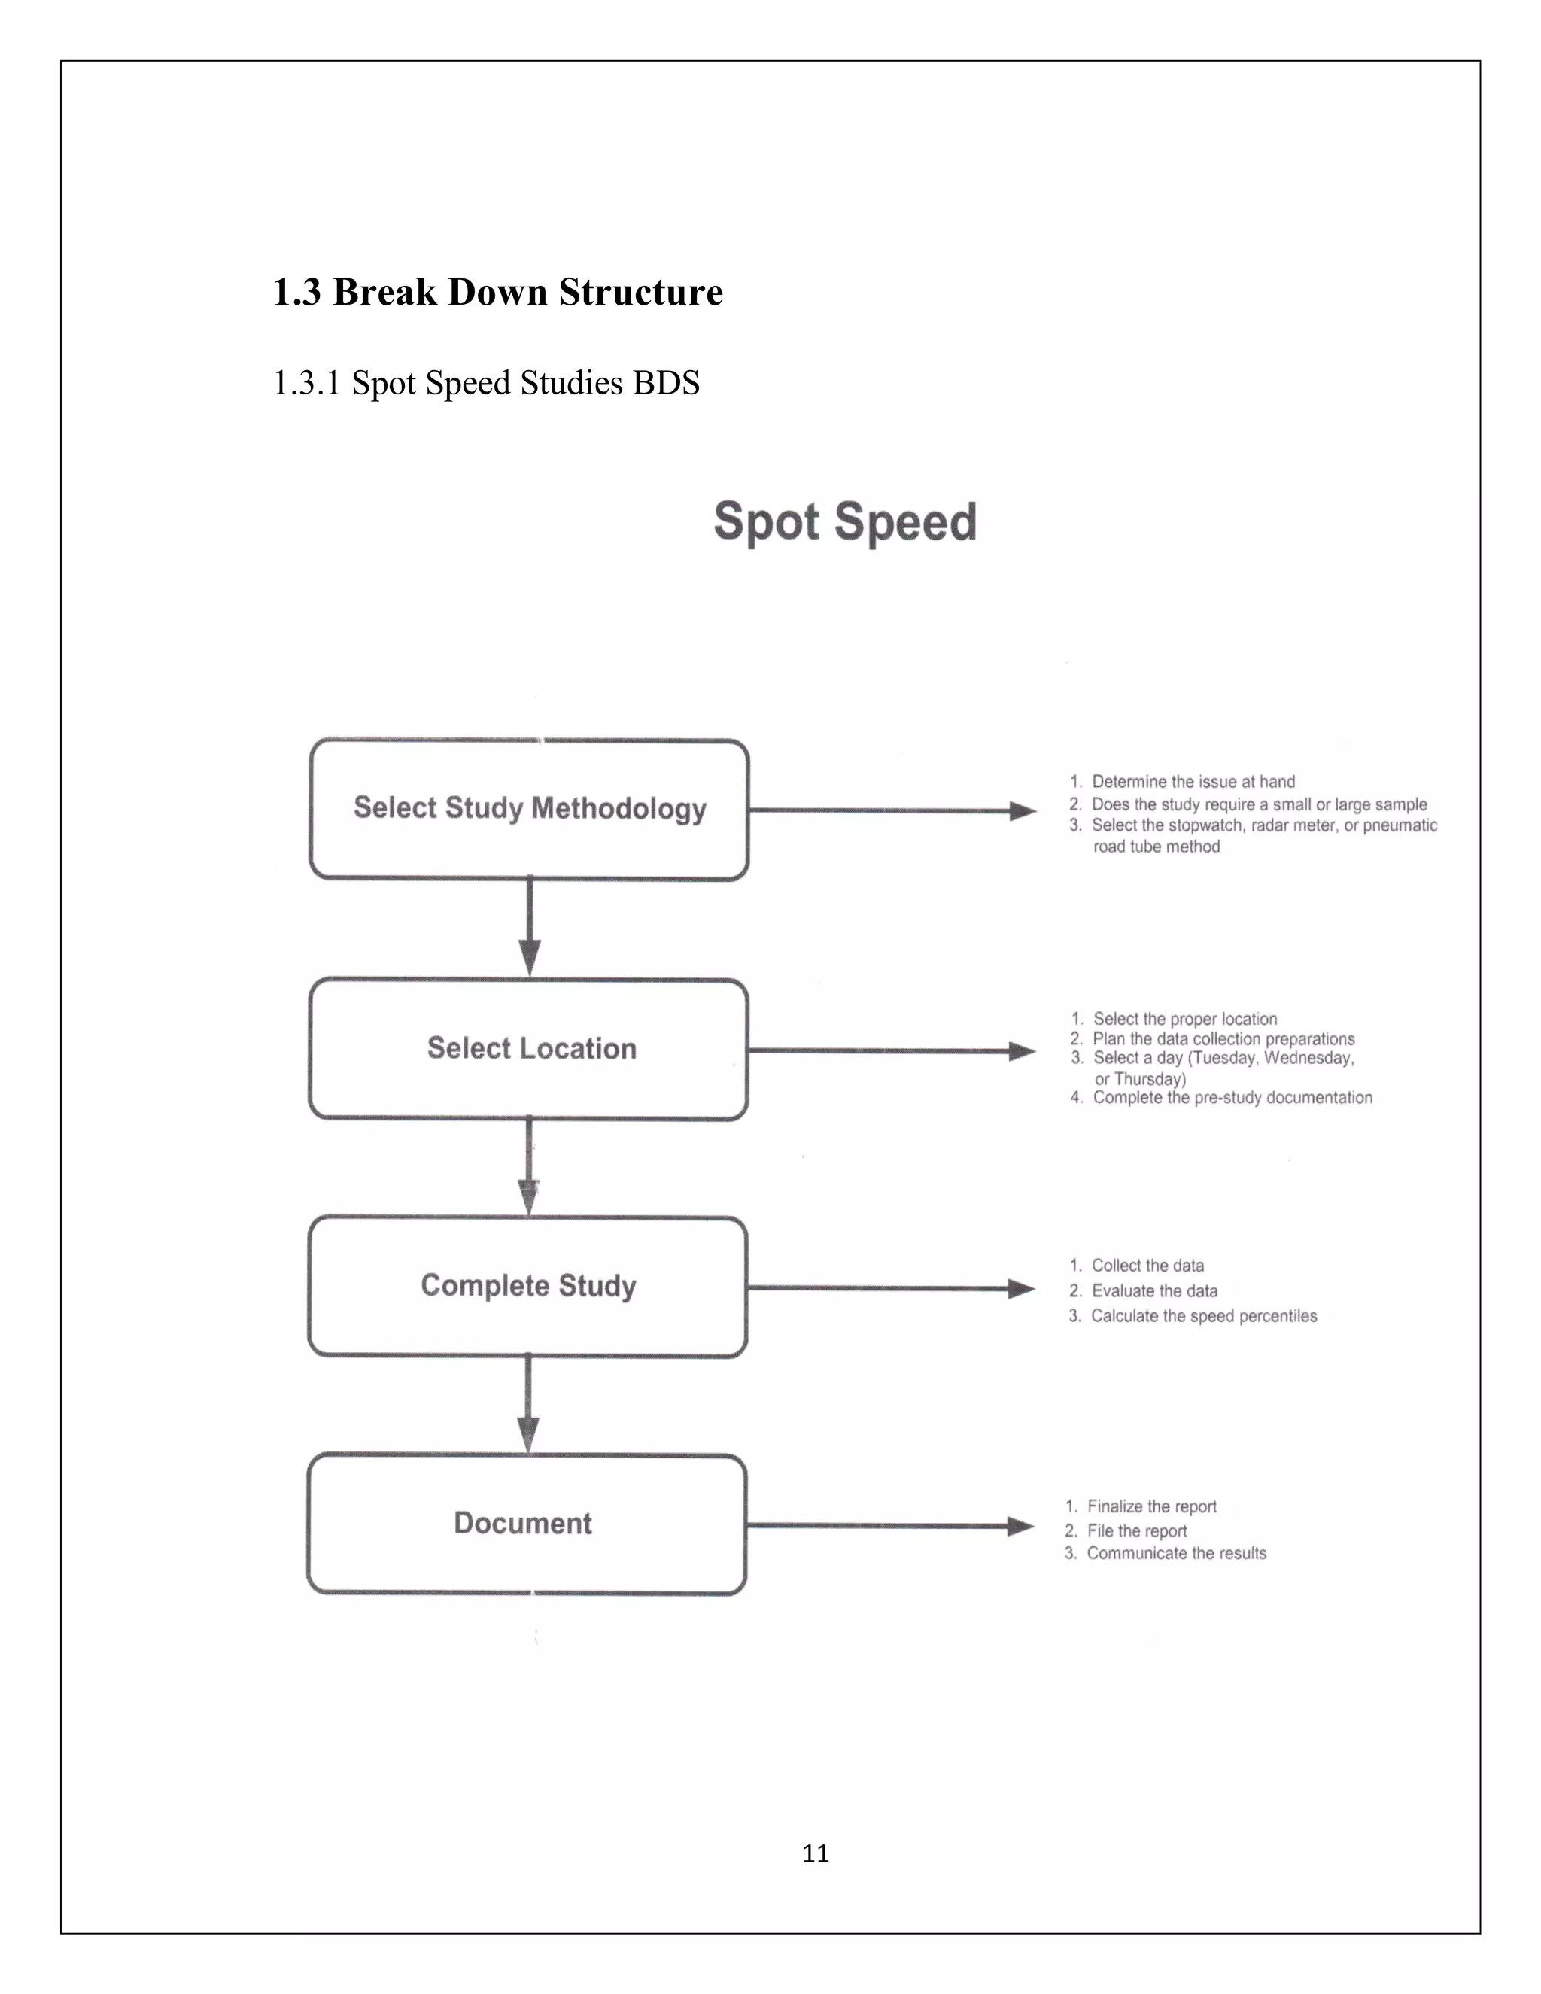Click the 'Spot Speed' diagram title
pyautogui.click(x=844, y=522)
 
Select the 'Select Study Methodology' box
pyautogui.click(x=530, y=809)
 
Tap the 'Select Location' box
pyautogui.click(x=530, y=1048)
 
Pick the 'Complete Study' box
pyautogui.click(x=527, y=1285)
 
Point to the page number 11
pyautogui.click(x=815, y=1853)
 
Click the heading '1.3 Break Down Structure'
pyautogui.click(x=497, y=292)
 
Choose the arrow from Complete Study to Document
pyautogui.click(x=527, y=1404)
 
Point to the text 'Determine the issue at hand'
pyautogui.click(x=1193, y=782)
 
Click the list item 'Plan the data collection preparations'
pyautogui.click(x=1223, y=1039)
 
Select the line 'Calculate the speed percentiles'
pyautogui.click(x=1203, y=1315)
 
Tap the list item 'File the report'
pyautogui.click(x=1137, y=1531)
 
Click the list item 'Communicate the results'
pyautogui.click(x=1176, y=1553)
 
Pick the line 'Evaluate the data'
pyautogui.click(x=1154, y=1291)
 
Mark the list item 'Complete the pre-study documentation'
pyautogui.click(x=1232, y=1097)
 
